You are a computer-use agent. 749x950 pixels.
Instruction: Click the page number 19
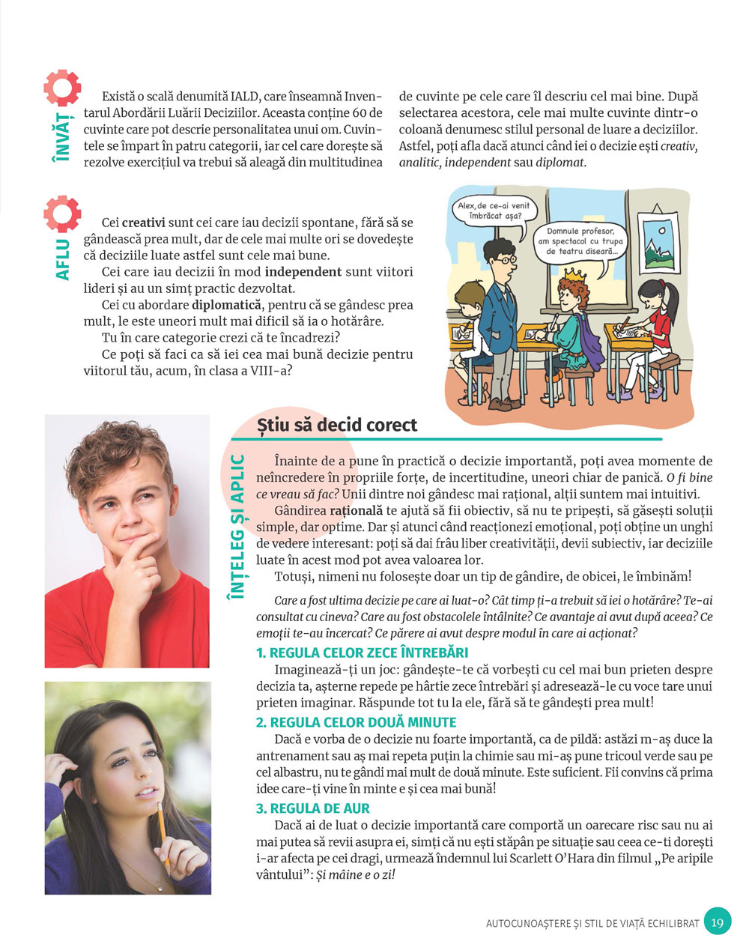[718, 922]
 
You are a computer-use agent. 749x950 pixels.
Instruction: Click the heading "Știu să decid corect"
[336, 425]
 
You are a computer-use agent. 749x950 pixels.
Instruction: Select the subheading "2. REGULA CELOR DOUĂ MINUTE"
[356, 722]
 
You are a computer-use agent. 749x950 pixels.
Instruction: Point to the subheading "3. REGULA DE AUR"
[313, 808]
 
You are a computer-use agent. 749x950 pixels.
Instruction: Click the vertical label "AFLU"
[63, 259]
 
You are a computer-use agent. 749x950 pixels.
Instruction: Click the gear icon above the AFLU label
[62, 215]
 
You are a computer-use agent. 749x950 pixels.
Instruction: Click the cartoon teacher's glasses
[508, 260]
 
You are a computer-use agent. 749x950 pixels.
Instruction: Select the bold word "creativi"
[144, 223]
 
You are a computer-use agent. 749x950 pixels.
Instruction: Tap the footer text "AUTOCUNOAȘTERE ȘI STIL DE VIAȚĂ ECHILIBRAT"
[592, 924]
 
